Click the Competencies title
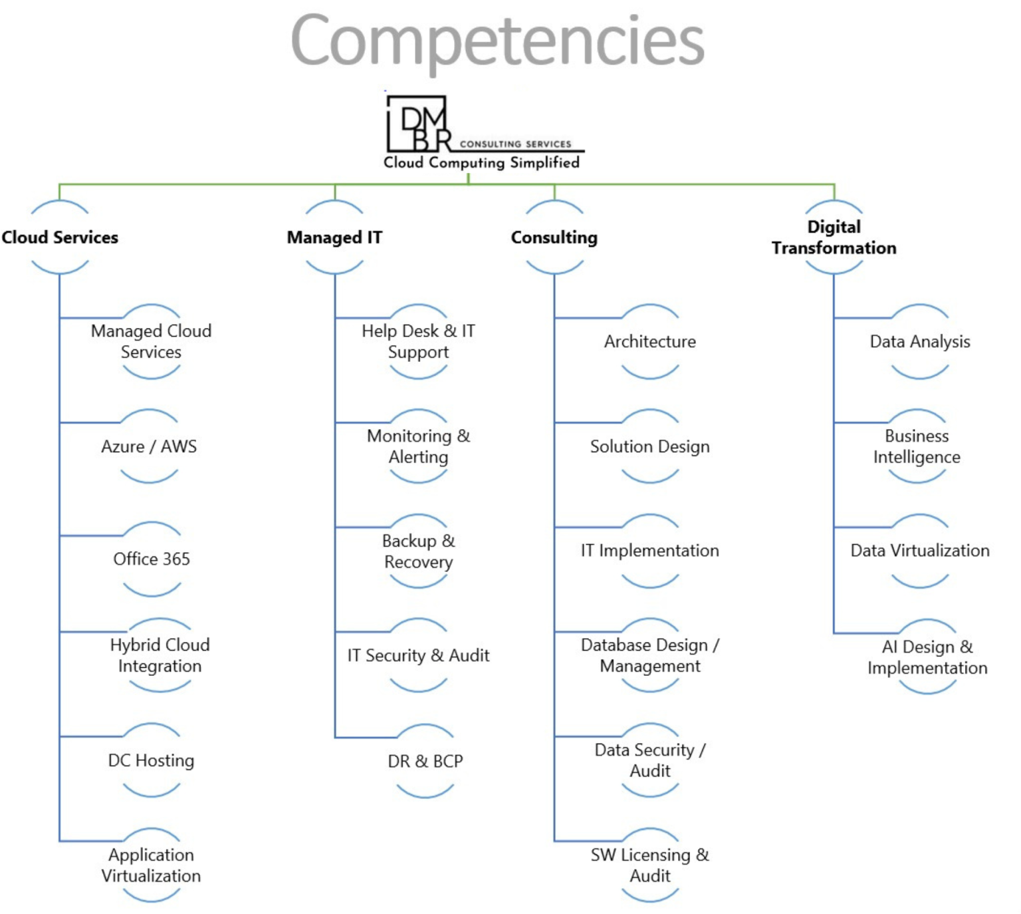[x=497, y=41]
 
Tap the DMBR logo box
[x=417, y=124]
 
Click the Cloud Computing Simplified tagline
[x=481, y=163]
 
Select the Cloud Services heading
[x=60, y=237]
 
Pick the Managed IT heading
[x=334, y=237]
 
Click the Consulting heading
[x=554, y=237]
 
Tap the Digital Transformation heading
[x=834, y=237]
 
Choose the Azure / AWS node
[x=149, y=446]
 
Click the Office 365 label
[x=152, y=559]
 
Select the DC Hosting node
[x=152, y=760]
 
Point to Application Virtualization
[x=152, y=865]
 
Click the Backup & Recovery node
[x=418, y=551]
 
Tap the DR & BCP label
[x=425, y=761]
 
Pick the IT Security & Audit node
[x=418, y=656]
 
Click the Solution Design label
[x=649, y=446]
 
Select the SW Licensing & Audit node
[x=649, y=865]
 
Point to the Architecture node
[x=649, y=342]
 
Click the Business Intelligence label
[x=917, y=446]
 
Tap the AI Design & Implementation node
[x=927, y=657]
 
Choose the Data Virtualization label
[x=920, y=551]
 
